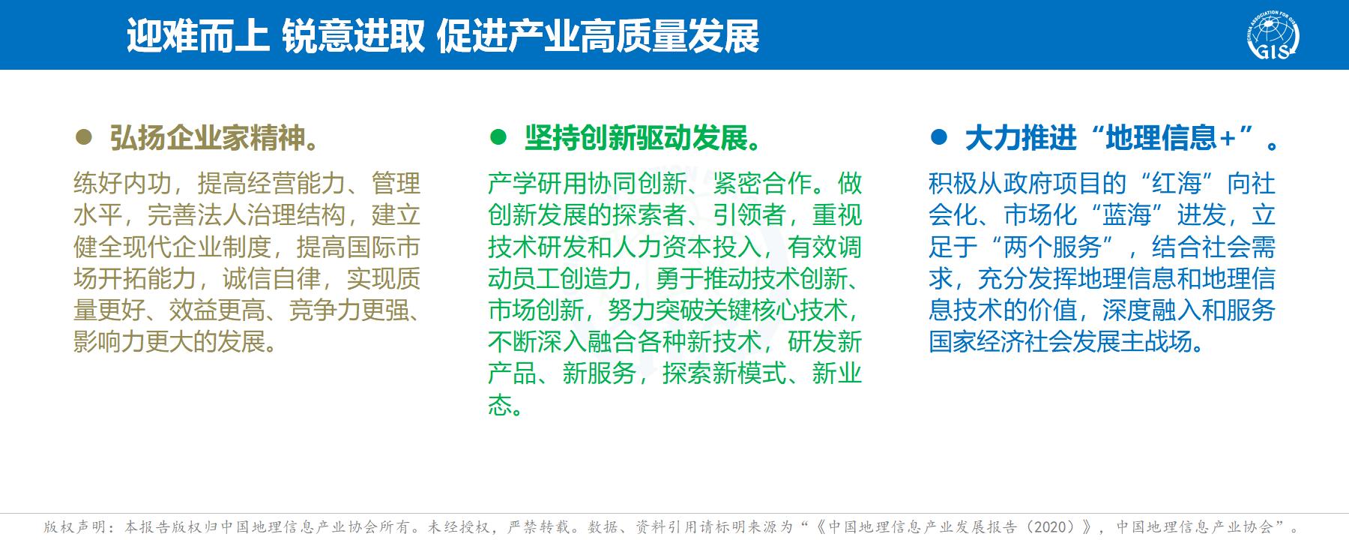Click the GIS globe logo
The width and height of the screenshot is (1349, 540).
pyautogui.click(x=1273, y=35)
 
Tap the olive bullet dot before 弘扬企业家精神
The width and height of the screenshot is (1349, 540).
pyautogui.click(x=84, y=136)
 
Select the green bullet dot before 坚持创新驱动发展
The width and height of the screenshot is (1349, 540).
pyautogui.click(x=498, y=136)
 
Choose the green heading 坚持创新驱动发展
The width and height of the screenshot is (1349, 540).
pyautogui.click(x=646, y=138)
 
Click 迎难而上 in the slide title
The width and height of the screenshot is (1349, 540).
pyautogui.click(x=198, y=35)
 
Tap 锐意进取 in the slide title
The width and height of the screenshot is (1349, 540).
pyautogui.click(x=353, y=35)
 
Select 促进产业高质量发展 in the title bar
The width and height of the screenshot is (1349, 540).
pyautogui.click(x=598, y=35)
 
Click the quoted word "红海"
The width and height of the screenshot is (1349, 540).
pyautogui.click(x=1177, y=184)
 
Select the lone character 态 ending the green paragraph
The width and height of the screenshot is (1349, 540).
pyautogui.click(x=500, y=405)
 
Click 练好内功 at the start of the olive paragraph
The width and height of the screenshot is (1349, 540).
pyautogui.click(x=123, y=184)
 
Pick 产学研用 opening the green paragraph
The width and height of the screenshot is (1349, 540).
pyautogui.click(x=537, y=184)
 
